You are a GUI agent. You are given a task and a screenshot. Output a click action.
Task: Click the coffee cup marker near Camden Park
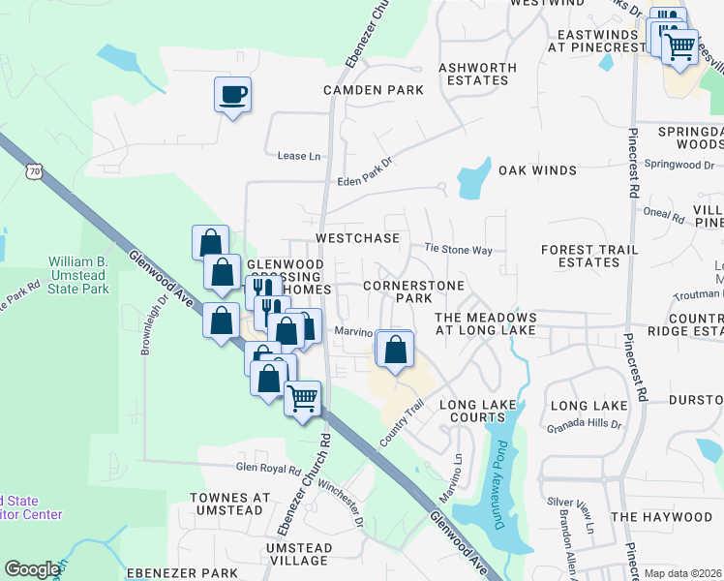click(232, 96)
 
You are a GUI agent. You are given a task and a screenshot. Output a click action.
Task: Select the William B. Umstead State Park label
click(78, 276)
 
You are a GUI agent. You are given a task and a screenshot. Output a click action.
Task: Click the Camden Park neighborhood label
click(374, 90)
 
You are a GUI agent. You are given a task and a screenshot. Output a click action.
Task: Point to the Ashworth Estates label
click(477, 74)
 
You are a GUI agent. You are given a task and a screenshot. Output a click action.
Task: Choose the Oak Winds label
click(537, 170)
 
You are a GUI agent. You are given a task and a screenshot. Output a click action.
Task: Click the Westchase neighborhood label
click(357, 237)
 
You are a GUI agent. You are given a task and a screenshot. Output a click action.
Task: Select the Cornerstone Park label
click(411, 292)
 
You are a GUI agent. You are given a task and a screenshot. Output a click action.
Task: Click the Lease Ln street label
click(298, 156)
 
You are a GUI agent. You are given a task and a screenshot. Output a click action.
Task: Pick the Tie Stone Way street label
click(459, 250)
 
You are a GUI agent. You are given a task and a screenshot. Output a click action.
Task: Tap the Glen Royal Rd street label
click(269, 468)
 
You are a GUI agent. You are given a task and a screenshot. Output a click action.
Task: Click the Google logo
click(31, 569)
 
